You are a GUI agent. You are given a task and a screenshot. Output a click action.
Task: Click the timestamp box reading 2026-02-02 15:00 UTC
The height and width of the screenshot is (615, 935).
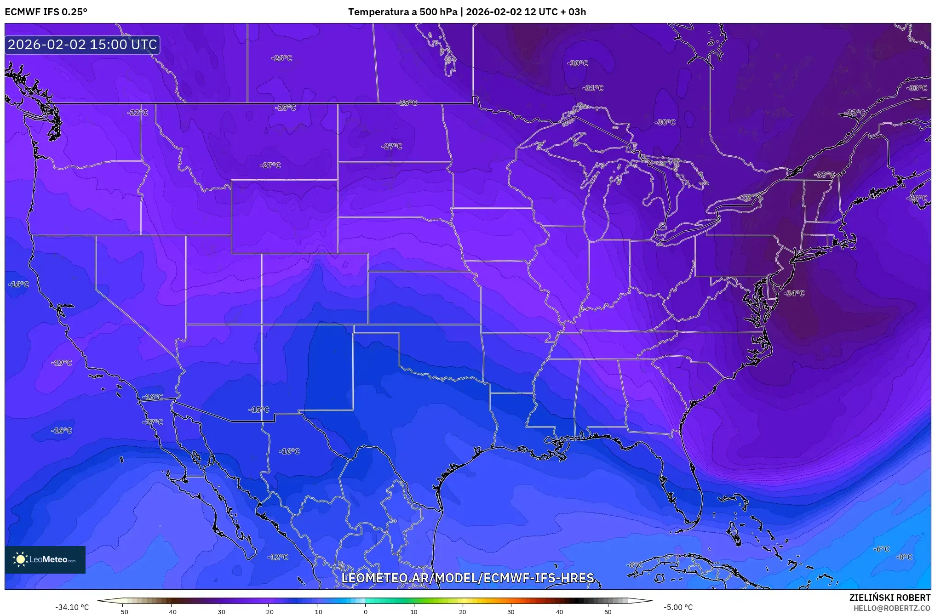click(x=82, y=45)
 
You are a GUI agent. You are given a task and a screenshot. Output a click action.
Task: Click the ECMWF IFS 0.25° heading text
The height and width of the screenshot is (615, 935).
click(x=46, y=12)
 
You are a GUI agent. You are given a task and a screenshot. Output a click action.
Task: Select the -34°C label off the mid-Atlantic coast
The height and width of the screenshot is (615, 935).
click(x=794, y=293)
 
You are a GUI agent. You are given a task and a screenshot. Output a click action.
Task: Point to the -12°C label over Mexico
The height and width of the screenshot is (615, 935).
click(x=278, y=557)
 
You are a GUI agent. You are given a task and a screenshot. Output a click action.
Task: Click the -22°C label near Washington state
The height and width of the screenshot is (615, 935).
click(x=138, y=113)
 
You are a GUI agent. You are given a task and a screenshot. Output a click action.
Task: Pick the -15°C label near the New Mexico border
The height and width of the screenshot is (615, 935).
click(x=258, y=410)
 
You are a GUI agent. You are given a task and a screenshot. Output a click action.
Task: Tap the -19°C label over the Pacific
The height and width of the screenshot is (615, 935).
click(x=62, y=363)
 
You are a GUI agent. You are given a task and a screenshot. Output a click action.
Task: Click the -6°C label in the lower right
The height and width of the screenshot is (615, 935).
click(x=881, y=549)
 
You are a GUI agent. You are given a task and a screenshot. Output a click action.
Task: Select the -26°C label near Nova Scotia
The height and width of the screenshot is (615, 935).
click(x=917, y=198)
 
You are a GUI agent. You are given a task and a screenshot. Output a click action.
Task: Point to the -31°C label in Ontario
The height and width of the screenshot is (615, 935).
click(x=593, y=88)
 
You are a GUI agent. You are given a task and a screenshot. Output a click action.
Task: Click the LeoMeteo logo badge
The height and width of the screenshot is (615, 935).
click(x=45, y=559)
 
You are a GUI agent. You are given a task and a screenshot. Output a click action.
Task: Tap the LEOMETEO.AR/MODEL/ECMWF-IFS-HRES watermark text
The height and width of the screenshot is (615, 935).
click(x=468, y=578)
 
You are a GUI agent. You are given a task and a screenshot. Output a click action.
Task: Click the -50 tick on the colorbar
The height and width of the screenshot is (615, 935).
click(x=123, y=611)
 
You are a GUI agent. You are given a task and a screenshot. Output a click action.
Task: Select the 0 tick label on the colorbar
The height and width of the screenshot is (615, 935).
click(x=365, y=611)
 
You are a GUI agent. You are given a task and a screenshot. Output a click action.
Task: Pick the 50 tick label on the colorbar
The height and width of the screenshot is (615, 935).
click(x=608, y=611)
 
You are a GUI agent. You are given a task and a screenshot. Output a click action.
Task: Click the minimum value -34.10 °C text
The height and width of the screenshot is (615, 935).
click(x=72, y=607)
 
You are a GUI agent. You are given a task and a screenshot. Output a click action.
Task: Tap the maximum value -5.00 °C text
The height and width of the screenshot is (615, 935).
click(x=678, y=607)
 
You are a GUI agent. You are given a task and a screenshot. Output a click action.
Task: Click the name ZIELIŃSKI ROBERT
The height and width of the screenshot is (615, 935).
click(x=889, y=598)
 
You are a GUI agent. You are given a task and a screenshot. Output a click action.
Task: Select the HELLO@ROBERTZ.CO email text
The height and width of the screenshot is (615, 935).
click(x=892, y=608)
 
